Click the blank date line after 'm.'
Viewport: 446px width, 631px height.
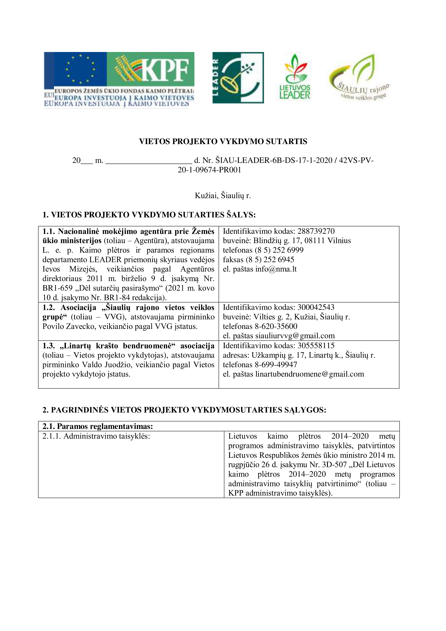[149, 160]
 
